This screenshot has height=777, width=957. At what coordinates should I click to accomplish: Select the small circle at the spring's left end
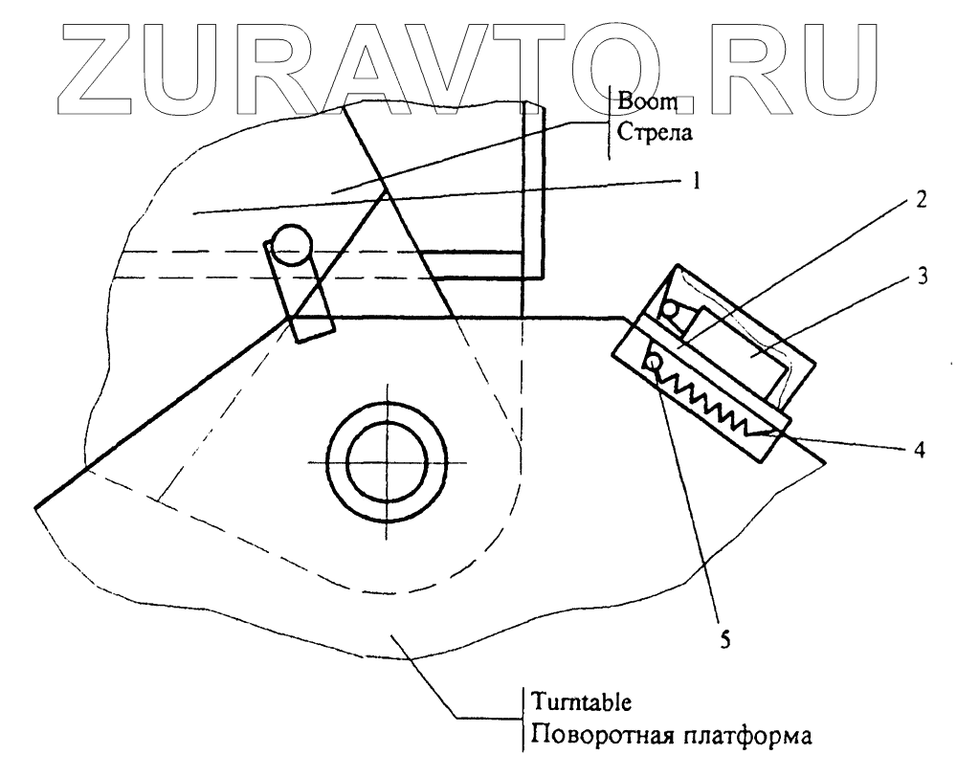point(655,362)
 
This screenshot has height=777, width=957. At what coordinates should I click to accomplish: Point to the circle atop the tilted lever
point(289,246)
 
